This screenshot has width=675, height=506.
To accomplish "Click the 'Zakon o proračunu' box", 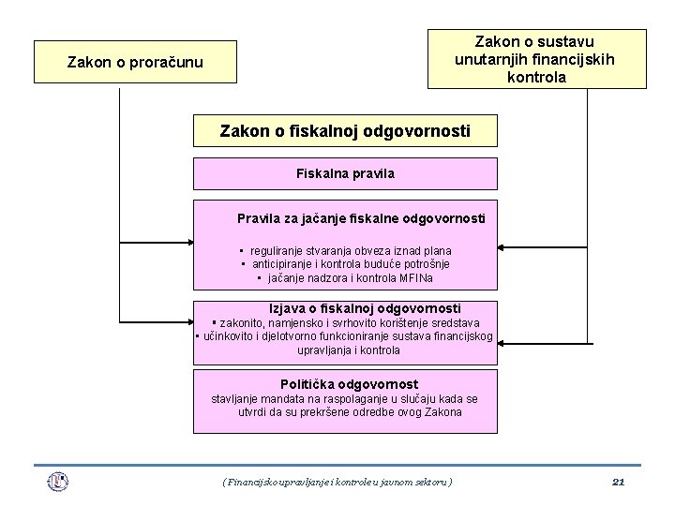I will click(x=135, y=63).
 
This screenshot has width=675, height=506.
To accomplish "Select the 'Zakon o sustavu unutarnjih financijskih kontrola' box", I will click(x=536, y=59).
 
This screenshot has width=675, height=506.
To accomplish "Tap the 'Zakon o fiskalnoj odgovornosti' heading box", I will click(x=345, y=131).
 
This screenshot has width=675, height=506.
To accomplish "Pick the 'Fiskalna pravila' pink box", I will click(x=345, y=173).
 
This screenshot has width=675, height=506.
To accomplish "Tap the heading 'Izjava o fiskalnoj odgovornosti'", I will click(x=365, y=307).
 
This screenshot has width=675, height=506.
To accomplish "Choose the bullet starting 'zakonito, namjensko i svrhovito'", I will click(x=346, y=322).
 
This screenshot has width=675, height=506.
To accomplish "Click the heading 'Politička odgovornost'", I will click(x=349, y=384).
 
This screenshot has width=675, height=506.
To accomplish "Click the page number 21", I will click(x=618, y=482).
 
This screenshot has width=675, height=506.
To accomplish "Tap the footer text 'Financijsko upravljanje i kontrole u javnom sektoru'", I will click(x=337, y=482).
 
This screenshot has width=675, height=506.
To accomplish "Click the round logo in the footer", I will click(x=58, y=482).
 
